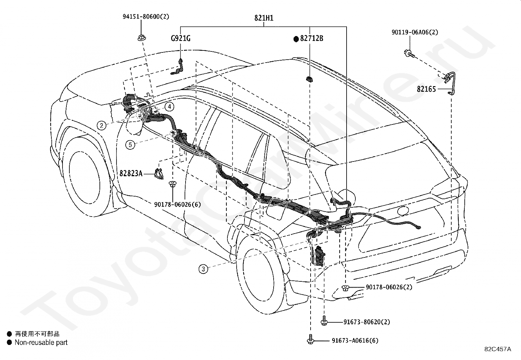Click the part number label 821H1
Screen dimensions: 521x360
pos(264,18)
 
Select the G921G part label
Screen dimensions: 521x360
pos(181,38)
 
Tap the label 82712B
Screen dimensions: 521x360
pos(312,38)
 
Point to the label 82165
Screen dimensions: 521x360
pos(426,89)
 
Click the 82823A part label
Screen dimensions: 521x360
pos(131,173)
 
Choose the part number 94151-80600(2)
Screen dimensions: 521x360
pos(146,16)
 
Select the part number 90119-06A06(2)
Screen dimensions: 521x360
pos(415,32)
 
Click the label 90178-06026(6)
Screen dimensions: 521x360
pos(177,204)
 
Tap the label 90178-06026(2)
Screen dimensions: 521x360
pos(389,287)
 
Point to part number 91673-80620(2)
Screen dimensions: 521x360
pos(367,322)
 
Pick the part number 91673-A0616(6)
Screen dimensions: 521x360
pos(355,340)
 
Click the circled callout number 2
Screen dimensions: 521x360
pos(101,126)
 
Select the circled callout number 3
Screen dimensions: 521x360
pos(203,269)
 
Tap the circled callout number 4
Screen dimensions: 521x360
pos(169,107)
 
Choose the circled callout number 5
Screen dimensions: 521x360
pos(130,145)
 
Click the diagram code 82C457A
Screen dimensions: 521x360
pos(498,349)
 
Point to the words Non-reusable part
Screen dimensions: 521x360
pos(41,342)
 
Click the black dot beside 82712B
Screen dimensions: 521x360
pos(296,39)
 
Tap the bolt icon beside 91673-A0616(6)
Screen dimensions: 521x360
pos(311,339)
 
